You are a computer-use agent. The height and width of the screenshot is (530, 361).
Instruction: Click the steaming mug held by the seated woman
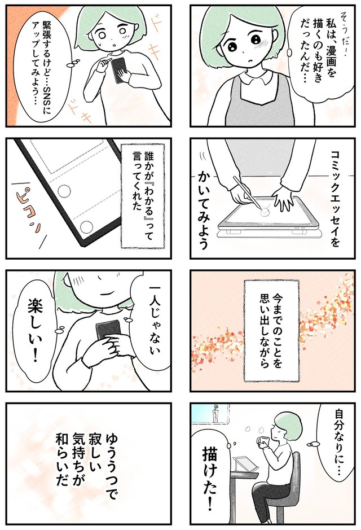coord(263,442)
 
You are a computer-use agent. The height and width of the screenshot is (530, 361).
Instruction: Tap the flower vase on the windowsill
coord(215,413)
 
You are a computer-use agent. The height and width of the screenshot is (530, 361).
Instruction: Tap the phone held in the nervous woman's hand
coord(119,69)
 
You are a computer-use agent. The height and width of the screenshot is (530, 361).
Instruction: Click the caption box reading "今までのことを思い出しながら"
coord(271,331)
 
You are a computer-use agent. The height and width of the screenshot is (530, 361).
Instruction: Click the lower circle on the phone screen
coord(87,227)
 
